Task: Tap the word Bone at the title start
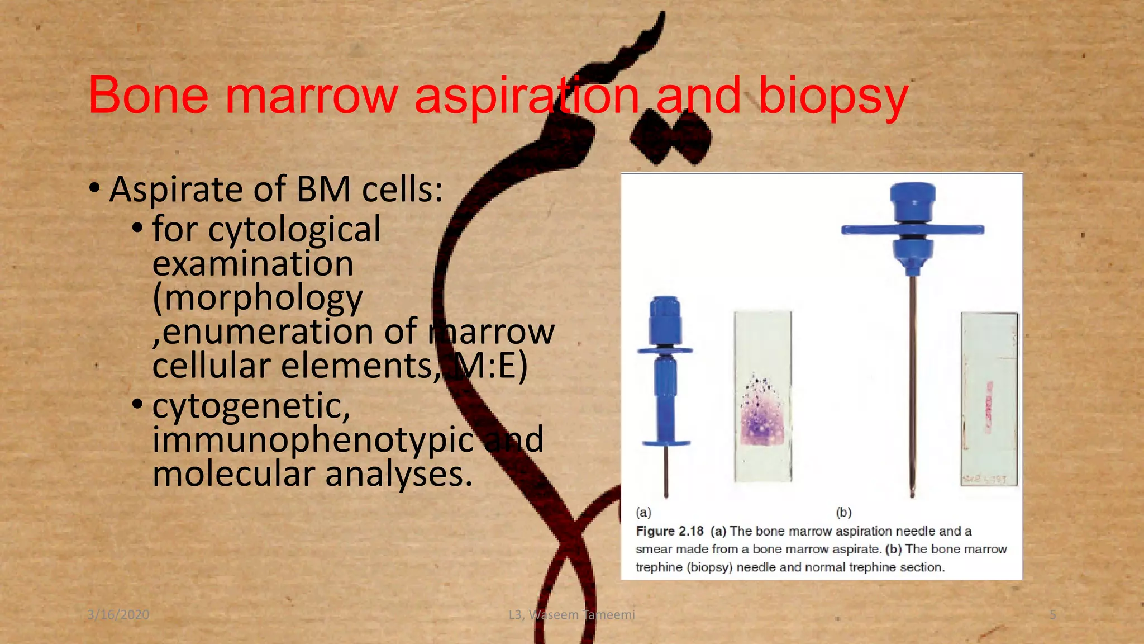tap(149, 96)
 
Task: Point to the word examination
tap(252, 263)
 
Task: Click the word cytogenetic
tap(251, 406)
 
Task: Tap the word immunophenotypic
tap(313, 439)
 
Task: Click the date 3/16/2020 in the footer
tap(118, 615)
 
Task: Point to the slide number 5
tap(1052, 615)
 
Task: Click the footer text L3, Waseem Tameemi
tap(571, 615)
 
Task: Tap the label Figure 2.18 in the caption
tap(669, 531)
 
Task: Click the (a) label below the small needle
tap(643, 512)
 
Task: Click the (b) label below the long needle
tap(843, 512)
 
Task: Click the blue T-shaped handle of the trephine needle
tap(912, 230)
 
